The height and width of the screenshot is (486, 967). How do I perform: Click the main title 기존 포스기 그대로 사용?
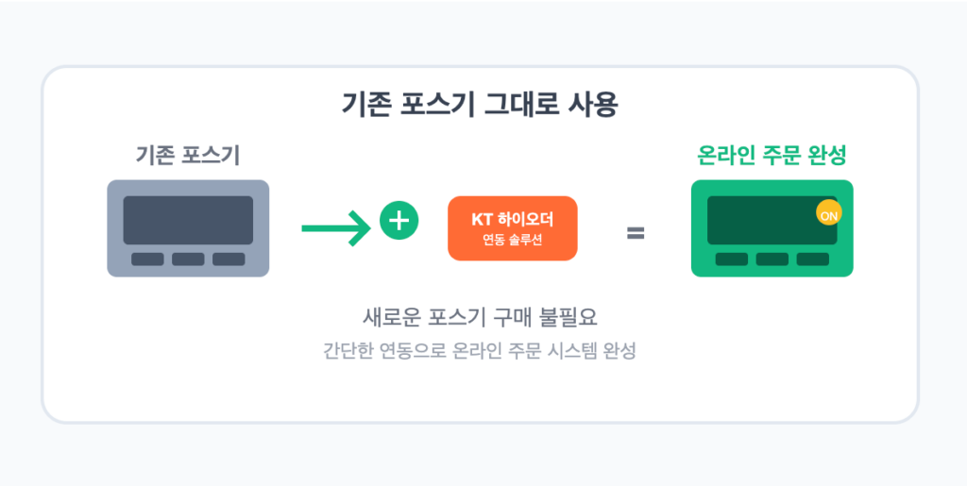480,106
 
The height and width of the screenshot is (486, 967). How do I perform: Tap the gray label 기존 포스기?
188,156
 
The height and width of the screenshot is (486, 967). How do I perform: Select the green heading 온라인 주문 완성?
772,156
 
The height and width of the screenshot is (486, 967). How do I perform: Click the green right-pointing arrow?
336,228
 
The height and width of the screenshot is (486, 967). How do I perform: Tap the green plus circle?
399,220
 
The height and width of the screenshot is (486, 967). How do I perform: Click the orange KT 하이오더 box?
513,228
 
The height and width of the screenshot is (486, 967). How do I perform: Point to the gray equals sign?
636,233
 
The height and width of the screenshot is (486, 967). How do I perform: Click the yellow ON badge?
829,213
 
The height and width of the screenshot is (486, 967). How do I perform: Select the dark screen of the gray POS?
188,221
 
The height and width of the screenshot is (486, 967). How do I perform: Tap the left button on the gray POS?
147,260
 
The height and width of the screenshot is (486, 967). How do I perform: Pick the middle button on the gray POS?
188,260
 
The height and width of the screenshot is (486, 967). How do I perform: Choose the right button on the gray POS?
229,260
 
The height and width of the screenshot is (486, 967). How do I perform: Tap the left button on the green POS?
732,260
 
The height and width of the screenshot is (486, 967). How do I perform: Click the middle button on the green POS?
772,260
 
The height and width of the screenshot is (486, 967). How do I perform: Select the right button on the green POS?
813,260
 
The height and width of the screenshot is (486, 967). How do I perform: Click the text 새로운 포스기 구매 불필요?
480,318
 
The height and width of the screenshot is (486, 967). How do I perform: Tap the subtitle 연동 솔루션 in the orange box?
513,241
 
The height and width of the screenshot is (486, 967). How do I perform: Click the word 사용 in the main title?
591,106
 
